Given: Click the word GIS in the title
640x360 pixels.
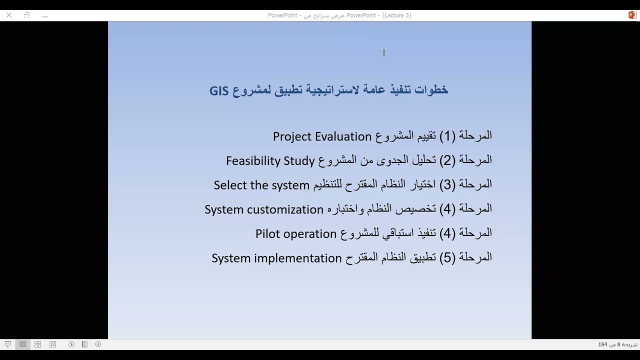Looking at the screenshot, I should pyautogui.click(x=219, y=90).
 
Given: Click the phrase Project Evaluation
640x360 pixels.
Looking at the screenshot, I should pyautogui.click(x=322, y=136).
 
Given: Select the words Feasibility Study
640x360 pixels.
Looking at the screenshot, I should pyautogui.click(x=270, y=161).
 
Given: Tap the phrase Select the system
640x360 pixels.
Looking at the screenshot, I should pyautogui.click(x=261, y=185).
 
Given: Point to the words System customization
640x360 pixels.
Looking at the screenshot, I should pyautogui.click(x=264, y=209).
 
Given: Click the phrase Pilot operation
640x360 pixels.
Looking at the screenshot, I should pyautogui.click(x=295, y=234).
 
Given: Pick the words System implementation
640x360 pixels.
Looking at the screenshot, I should pyautogui.click(x=276, y=258).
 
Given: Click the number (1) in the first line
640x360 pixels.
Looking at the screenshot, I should pyautogui.click(x=447, y=136).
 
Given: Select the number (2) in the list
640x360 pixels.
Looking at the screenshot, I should pyautogui.click(x=447, y=160).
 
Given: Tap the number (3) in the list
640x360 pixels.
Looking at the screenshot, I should pyautogui.click(x=447, y=185).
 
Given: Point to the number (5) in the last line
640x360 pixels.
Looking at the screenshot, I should pyautogui.click(x=447, y=258).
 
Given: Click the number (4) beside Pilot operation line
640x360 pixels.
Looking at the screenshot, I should pyautogui.click(x=447, y=233).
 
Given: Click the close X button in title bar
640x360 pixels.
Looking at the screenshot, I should pyautogui.click(x=9, y=15).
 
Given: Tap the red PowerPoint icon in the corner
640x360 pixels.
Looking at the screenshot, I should pyautogui.click(x=632, y=15).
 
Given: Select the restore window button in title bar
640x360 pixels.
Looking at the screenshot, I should pyautogui.click(x=27, y=15).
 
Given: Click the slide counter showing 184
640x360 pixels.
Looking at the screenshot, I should pyautogui.click(x=617, y=344).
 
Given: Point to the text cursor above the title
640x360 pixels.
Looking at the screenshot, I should pyautogui.click(x=384, y=52).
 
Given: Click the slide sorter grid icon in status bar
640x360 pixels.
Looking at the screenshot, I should pyautogui.click(x=37, y=344).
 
